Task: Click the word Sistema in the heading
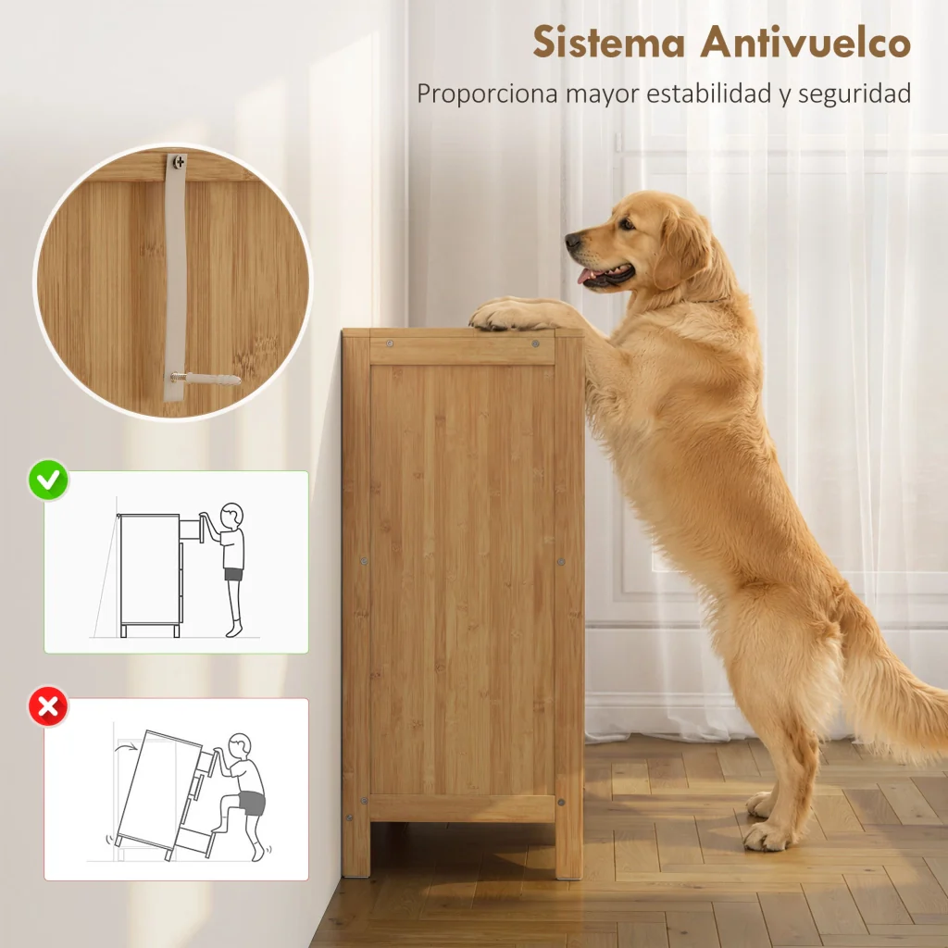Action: pyautogui.click(x=609, y=43)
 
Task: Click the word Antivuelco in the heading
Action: pyautogui.click(x=805, y=43)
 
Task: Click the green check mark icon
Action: pyautogui.click(x=48, y=480)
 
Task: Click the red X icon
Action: pyautogui.click(x=48, y=705)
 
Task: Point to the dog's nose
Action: pyautogui.click(x=572, y=240)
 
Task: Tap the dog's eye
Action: pyautogui.click(x=627, y=224)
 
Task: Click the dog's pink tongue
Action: pyautogui.click(x=585, y=276)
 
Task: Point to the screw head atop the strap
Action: pyautogui.click(x=179, y=161)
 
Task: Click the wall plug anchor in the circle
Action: pyautogui.click(x=206, y=379)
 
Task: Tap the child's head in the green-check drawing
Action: pyautogui.click(x=231, y=516)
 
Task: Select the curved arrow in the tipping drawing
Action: pyautogui.click(x=127, y=747)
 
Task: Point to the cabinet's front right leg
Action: pyautogui.click(x=569, y=846)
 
